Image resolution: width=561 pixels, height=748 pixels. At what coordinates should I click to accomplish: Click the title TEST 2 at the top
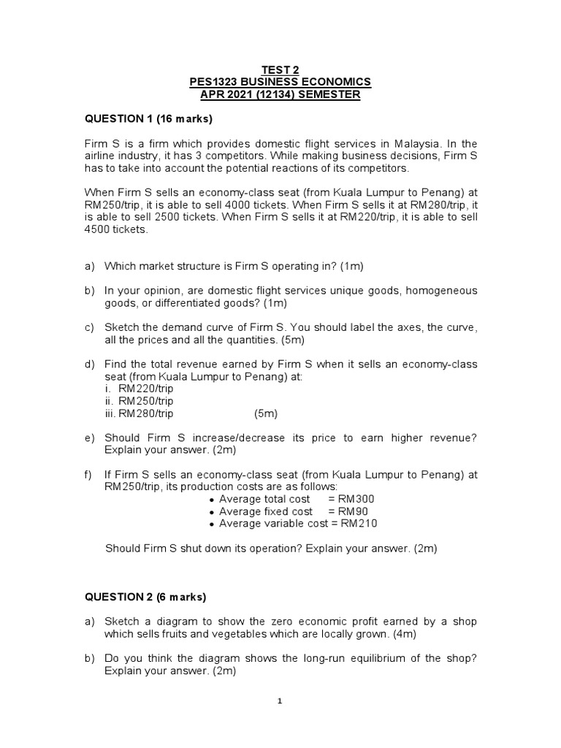click(x=280, y=69)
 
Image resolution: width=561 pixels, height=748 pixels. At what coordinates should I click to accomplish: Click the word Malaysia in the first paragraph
click(x=413, y=143)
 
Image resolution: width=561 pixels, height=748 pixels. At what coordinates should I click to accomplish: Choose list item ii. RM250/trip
click(x=140, y=401)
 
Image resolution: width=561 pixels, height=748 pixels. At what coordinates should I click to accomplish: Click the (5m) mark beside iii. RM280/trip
click(x=266, y=413)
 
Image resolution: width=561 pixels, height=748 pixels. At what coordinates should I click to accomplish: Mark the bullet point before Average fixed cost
click(x=212, y=512)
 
